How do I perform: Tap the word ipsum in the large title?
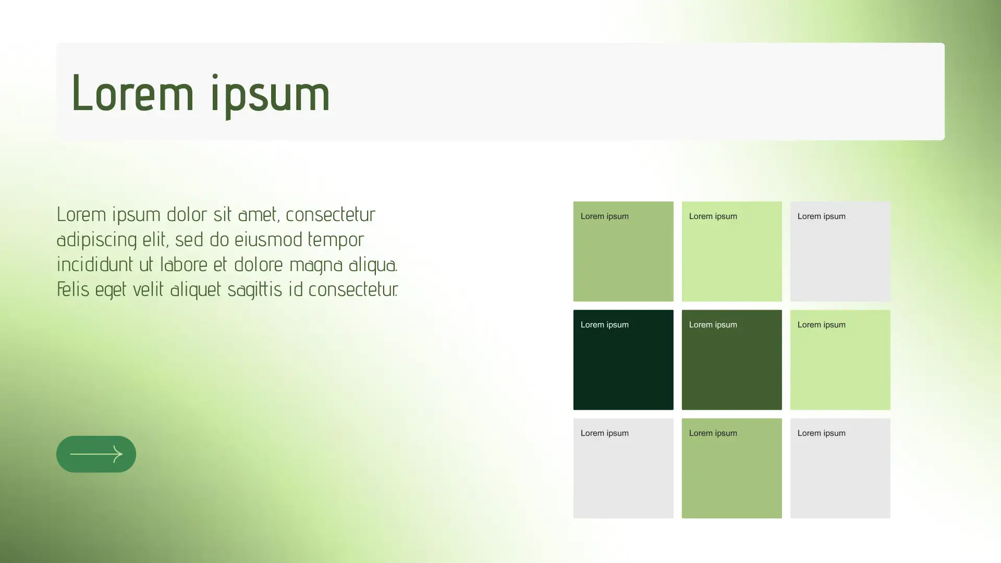pos(271,96)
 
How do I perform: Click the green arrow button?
pos(96,454)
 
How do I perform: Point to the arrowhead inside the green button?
pos(117,454)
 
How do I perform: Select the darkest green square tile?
pos(623,360)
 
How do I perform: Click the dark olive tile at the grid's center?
pos(731,360)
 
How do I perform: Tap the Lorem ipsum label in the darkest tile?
pos(604,325)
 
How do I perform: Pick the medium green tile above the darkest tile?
pos(623,251)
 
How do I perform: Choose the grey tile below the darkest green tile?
pos(623,468)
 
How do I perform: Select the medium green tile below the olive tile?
pos(731,468)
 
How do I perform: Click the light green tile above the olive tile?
pos(731,251)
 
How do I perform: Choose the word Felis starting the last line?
pos(73,289)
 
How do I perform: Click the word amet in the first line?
pos(259,215)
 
